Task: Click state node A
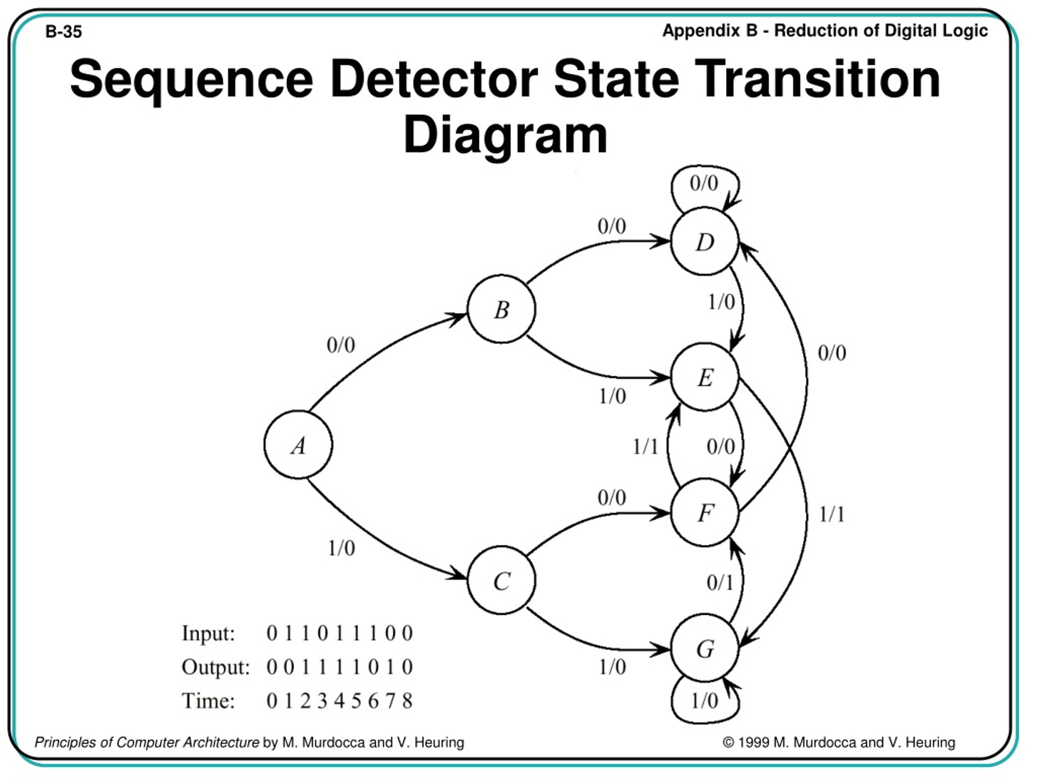pos(299,445)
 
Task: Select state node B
pos(501,309)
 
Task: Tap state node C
pos(501,580)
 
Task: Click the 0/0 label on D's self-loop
pos(704,183)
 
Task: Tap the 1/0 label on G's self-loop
pos(704,701)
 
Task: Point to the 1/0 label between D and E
pos(721,302)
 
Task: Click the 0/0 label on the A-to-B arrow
pos(341,345)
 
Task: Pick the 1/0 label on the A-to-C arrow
pos(341,548)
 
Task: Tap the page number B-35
pos(63,32)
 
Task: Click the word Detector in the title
pos(434,79)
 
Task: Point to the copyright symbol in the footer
pos(728,742)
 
